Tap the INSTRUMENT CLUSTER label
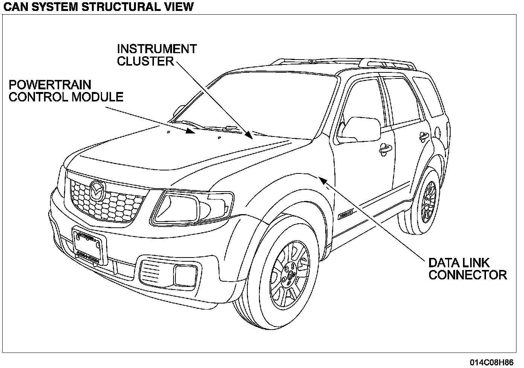click(156, 55)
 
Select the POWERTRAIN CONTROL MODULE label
click(66, 91)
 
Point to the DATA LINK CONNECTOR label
click(467, 268)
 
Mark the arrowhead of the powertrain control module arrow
click(191, 131)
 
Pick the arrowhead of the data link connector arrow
click(322, 179)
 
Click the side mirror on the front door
click(359, 128)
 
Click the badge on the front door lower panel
click(345, 215)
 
